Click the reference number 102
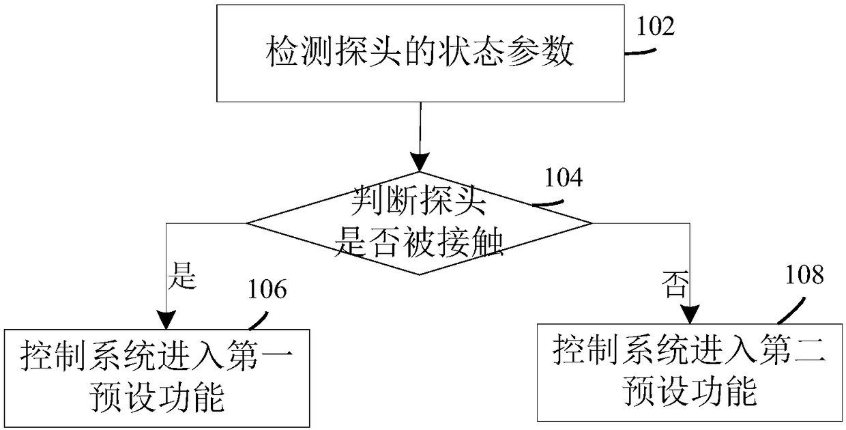[x=656, y=26]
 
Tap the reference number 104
[x=564, y=178]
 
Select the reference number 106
[x=267, y=291]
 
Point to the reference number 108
[x=804, y=276]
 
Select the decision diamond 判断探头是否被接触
[x=419, y=223]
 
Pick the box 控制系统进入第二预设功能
[x=690, y=371]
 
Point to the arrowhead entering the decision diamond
[x=419, y=162]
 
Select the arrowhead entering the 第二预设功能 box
[x=689, y=313]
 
